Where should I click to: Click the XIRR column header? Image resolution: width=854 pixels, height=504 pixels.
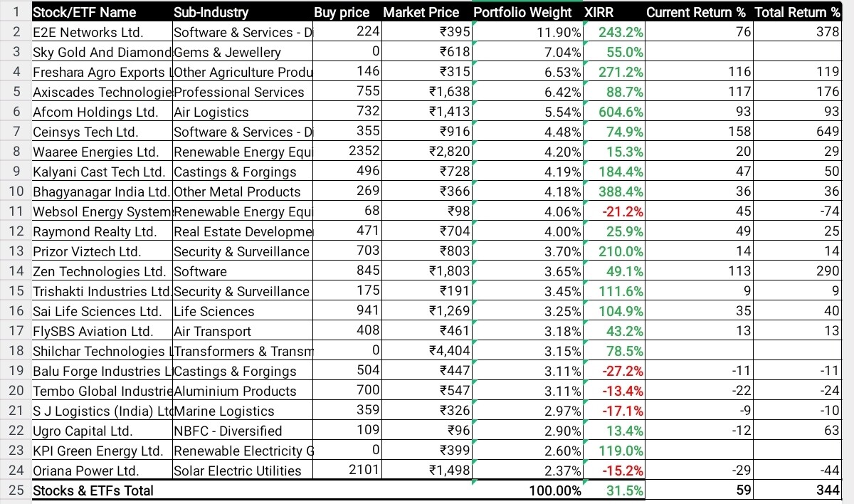click(599, 13)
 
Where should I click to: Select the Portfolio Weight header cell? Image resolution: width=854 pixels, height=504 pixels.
click(522, 13)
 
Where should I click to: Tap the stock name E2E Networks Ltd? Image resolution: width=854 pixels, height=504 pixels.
click(88, 33)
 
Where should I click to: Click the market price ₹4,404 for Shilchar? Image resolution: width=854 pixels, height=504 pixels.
click(450, 351)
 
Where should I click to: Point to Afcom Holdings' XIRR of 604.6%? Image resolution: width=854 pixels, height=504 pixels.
click(621, 112)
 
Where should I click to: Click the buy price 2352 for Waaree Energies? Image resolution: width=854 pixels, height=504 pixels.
click(364, 152)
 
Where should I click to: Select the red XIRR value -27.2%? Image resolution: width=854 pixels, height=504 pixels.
click(623, 371)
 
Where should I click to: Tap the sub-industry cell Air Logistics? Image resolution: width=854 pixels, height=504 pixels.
click(211, 112)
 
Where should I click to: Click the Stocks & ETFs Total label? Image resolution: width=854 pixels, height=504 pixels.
click(93, 490)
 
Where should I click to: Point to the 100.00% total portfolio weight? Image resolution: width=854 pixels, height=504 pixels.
click(555, 490)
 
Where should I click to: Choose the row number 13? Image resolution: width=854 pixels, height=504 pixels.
click(16, 251)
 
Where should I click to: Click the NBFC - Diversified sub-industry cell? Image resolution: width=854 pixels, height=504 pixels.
click(228, 431)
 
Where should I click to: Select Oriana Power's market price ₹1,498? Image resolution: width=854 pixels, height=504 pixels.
click(450, 471)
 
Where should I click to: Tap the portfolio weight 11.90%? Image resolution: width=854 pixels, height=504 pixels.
click(559, 33)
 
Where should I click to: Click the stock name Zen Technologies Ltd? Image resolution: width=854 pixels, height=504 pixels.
click(100, 271)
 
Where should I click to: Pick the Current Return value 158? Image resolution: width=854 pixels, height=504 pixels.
click(739, 132)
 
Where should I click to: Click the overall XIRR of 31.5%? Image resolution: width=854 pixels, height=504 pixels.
click(625, 490)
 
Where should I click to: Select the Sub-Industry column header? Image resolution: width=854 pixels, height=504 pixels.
click(211, 13)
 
